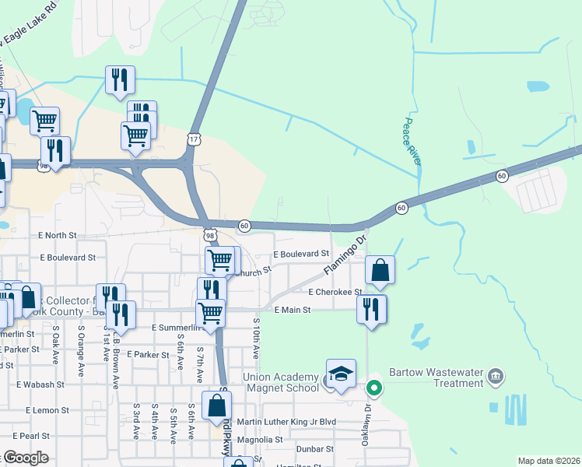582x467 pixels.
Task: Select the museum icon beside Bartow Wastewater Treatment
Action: (x=495, y=378)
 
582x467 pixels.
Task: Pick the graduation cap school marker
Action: (x=341, y=374)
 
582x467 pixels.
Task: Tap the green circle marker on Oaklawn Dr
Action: (x=374, y=387)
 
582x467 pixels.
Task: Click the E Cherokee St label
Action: (x=335, y=293)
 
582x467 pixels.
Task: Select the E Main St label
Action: (x=292, y=310)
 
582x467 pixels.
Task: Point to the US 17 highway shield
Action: (x=193, y=139)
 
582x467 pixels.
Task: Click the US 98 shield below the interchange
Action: (x=209, y=234)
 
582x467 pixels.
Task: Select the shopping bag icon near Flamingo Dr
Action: (x=380, y=271)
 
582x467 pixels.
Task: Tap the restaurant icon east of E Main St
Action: (x=372, y=308)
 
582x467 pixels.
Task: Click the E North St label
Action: (x=57, y=235)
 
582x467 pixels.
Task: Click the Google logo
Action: (x=25, y=458)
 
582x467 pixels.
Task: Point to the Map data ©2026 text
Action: (x=548, y=461)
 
